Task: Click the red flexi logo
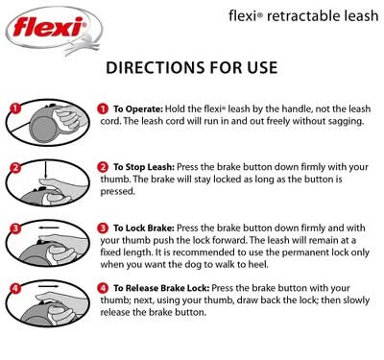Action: pyautogui.click(x=48, y=27)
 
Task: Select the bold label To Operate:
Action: pyautogui.click(x=138, y=109)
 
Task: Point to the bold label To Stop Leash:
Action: pyautogui.click(x=144, y=167)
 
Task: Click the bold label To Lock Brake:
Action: pyautogui.click(x=144, y=228)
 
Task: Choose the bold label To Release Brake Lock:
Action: pyautogui.click(x=161, y=288)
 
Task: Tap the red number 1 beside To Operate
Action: pyautogui.click(x=103, y=108)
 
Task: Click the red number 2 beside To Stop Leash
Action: pyautogui.click(x=103, y=167)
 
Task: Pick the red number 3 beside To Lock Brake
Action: pyautogui.click(x=103, y=228)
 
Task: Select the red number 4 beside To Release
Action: pyautogui.click(x=103, y=288)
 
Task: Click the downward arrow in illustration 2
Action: pyautogui.click(x=46, y=170)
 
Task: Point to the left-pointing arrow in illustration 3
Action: pyautogui.click(x=49, y=228)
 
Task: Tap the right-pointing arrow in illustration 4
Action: pyautogui.click(x=49, y=287)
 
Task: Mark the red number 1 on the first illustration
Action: pyautogui.click(x=14, y=108)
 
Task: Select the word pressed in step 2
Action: pyautogui.click(x=117, y=191)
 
